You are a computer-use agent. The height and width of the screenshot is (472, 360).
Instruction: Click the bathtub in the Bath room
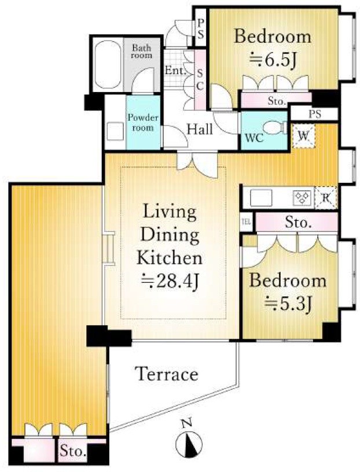pos(108,64)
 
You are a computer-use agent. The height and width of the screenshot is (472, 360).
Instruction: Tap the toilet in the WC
pos(275,128)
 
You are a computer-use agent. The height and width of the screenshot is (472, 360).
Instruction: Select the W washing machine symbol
pos(304,137)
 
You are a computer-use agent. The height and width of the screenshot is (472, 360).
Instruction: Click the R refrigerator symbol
pos(326,198)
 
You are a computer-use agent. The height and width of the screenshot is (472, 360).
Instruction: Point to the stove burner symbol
pos(303,198)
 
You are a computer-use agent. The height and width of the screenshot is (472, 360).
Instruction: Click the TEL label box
pos(246,222)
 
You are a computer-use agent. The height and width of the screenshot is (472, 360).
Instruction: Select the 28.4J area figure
pos(170,281)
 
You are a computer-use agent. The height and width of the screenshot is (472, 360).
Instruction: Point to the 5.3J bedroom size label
pos(288,304)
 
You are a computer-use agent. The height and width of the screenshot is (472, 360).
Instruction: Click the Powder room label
pos(143,123)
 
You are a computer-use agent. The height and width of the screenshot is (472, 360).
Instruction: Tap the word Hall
pos(200,130)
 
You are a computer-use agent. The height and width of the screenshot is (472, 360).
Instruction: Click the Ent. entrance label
pos(175,71)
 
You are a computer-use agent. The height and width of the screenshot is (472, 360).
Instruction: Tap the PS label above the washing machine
pos(315,115)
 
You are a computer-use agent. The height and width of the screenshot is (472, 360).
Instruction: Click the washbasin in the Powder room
pos(115,131)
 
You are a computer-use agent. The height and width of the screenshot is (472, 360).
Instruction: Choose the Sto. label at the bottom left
pos(73,452)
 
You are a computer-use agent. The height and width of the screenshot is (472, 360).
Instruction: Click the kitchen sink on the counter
pos(261,198)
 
